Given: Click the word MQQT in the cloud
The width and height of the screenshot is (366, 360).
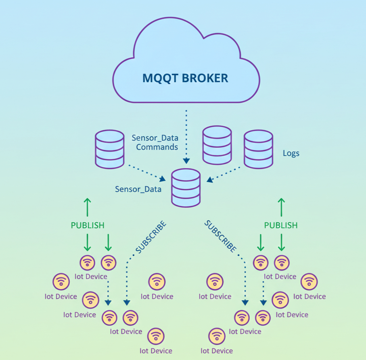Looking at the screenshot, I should tap(160, 78).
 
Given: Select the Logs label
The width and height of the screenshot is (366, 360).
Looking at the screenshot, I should tap(291, 154).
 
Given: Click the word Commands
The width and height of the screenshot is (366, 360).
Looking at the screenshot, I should tap(157, 147).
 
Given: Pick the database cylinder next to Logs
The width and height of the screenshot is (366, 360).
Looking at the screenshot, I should tap(258, 149).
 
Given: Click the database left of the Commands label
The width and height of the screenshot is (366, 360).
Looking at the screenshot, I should tap(109, 149).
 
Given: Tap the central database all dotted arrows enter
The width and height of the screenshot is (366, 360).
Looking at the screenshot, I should tap(186, 187).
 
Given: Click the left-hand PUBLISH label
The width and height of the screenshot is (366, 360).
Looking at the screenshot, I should tap(88, 225).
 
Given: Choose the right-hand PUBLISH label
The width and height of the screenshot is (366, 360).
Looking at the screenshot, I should tap(281, 225).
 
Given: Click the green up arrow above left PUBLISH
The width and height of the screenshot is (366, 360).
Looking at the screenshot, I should tap(87, 207).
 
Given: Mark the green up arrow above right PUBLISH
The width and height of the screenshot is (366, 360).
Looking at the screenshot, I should tap(281, 207).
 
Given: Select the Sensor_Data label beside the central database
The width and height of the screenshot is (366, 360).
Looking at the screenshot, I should tap(138, 189).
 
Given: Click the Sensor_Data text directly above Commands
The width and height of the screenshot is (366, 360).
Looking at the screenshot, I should tap(155, 138).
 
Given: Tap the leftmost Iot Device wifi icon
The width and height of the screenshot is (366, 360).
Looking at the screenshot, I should tap(61, 281).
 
